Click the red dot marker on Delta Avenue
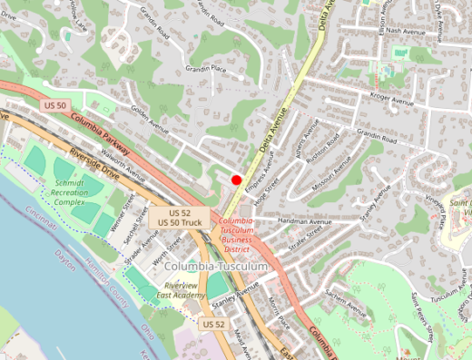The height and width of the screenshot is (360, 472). tap(237, 180)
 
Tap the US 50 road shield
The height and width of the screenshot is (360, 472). tap(55, 106)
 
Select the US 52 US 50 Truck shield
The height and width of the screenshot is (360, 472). tap(179, 217)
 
